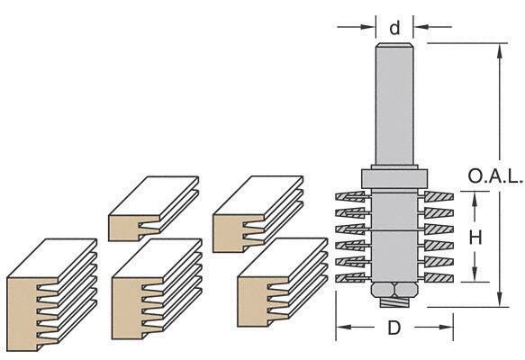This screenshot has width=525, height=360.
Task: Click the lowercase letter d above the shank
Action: [x=394, y=28]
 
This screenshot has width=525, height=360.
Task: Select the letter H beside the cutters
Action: [x=477, y=237]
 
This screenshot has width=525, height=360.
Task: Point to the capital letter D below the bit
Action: [x=394, y=328]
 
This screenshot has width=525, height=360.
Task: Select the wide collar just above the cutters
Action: [x=394, y=178]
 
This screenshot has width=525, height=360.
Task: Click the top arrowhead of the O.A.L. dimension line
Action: [x=498, y=47]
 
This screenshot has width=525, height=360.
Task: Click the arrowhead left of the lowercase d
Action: [x=367, y=27]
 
